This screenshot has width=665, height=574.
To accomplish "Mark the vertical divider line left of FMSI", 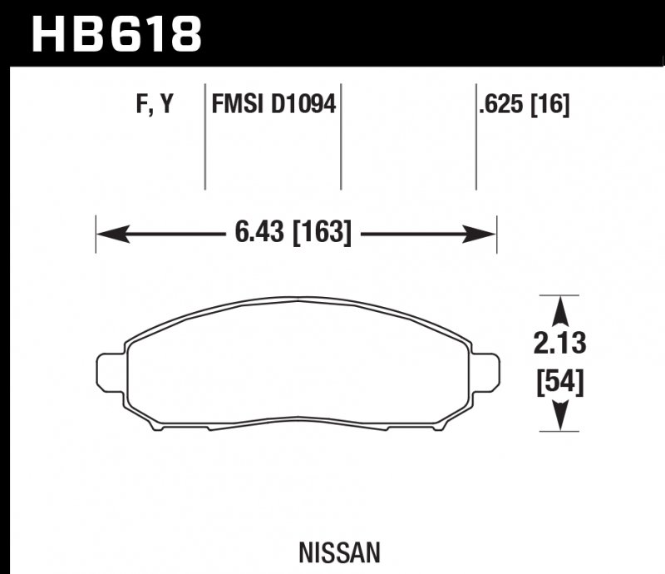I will click(x=205, y=137).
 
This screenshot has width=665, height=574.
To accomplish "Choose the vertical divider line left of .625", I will click(x=475, y=137).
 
